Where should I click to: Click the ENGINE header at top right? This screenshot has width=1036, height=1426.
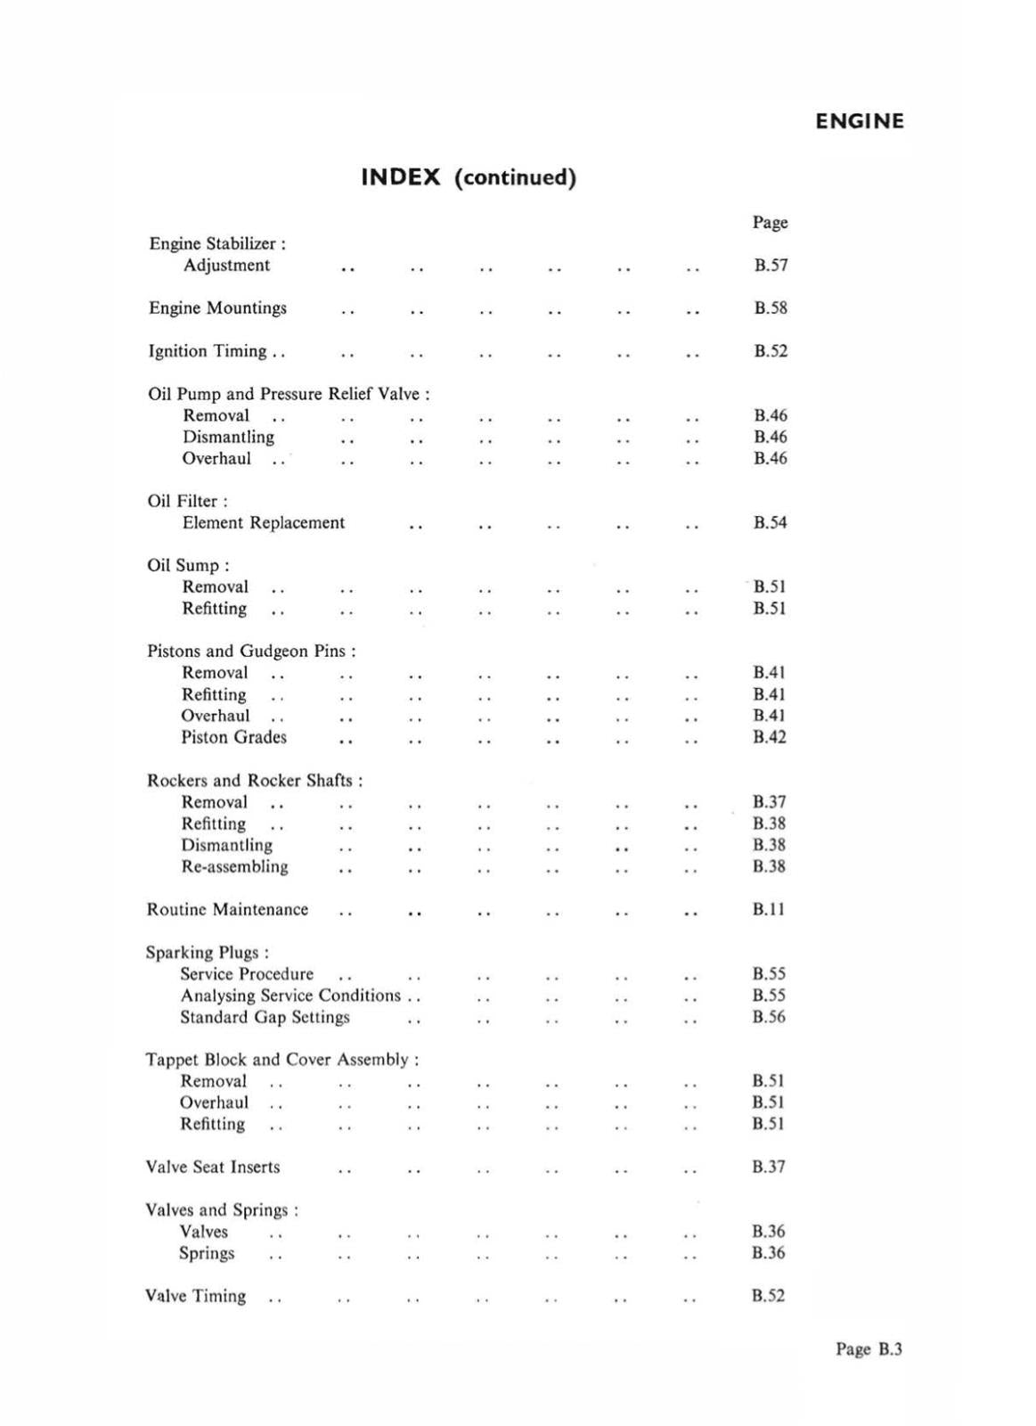(859, 121)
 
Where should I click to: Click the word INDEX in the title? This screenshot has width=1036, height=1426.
(400, 176)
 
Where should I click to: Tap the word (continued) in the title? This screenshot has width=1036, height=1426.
(515, 177)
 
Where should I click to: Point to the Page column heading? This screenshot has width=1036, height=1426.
(770, 222)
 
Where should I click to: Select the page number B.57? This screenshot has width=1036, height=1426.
(771, 265)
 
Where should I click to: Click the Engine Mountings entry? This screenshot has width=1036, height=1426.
(217, 308)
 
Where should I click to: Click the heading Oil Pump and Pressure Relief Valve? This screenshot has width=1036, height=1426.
(288, 394)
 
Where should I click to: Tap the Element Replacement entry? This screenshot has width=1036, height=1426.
(263, 523)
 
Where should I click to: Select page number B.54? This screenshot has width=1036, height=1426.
(770, 523)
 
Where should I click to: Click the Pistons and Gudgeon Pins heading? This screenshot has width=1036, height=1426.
(250, 652)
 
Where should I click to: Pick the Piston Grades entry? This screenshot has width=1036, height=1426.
(233, 738)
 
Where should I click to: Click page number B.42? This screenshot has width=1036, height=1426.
(769, 737)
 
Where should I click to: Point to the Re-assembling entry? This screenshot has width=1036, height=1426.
(234, 867)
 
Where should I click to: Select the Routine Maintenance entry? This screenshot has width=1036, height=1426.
(227, 910)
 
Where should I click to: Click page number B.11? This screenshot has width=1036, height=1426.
(768, 910)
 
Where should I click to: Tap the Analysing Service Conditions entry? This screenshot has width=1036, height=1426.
(290, 996)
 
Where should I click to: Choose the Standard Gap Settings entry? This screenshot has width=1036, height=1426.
(265, 1018)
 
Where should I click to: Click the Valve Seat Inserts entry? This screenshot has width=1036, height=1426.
(212, 1168)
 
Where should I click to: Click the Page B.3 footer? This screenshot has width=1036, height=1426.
(868, 1349)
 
